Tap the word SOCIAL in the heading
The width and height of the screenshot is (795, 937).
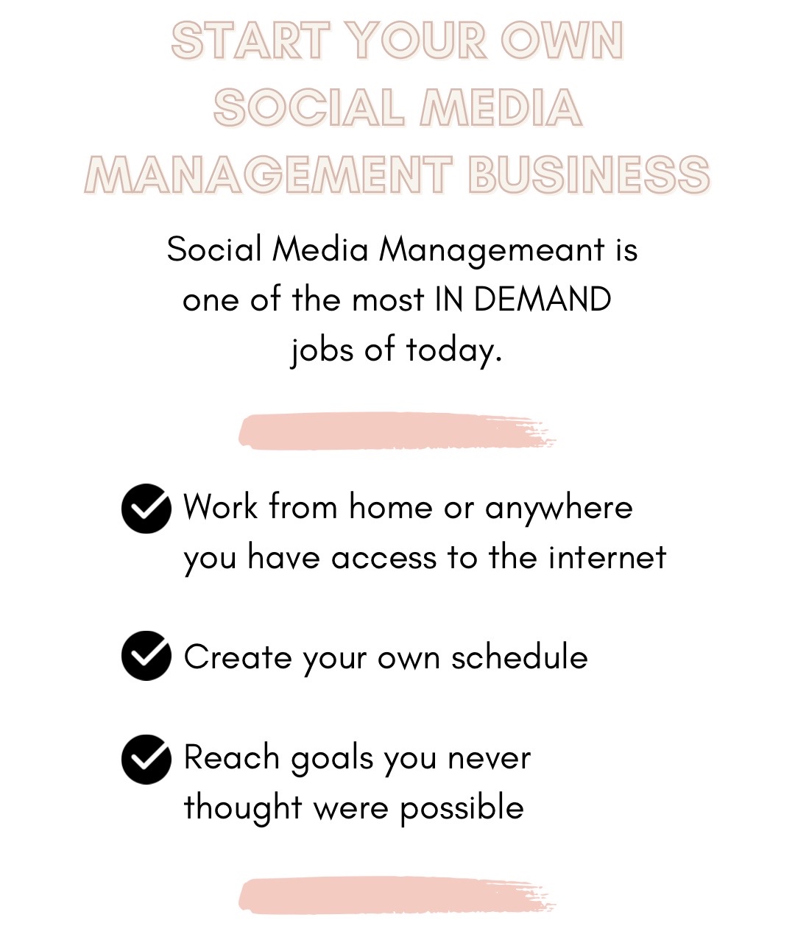click(x=308, y=107)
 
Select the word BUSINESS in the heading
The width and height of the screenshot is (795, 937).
click(x=589, y=174)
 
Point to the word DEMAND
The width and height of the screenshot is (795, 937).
click(x=543, y=300)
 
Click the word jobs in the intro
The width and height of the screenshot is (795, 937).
click(x=322, y=350)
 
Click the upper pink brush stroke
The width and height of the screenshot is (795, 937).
click(x=397, y=431)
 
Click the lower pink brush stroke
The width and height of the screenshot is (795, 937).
click(x=396, y=895)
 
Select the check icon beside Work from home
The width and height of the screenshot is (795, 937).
click(x=146, y=509)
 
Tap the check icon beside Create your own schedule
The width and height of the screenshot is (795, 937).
click(x=146, y=656)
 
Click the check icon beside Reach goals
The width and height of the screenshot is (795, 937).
click(x=146, y=760)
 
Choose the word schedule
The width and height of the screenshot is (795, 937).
click(x=520, y=657)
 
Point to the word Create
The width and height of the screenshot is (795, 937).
click(x=238, y=657)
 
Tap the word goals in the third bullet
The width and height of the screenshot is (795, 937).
click(x=332, y=760)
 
